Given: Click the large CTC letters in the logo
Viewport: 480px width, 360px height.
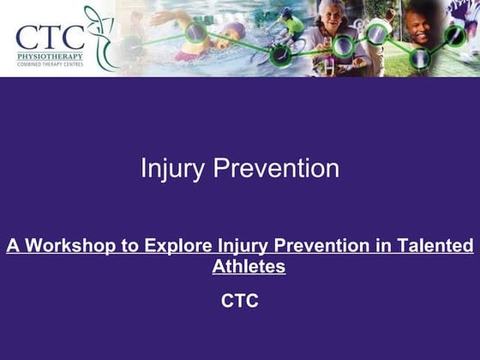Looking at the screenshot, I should click(50, 37).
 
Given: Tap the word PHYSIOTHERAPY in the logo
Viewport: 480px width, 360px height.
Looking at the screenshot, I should click(50, 57).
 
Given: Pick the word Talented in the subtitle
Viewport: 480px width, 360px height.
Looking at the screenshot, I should click(437, 247).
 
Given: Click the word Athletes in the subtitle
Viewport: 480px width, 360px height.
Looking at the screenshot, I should click(249, 267).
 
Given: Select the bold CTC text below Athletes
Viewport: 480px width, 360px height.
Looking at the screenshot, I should click(240, 301).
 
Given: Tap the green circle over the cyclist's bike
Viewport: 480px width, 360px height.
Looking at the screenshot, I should click(280, 54).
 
